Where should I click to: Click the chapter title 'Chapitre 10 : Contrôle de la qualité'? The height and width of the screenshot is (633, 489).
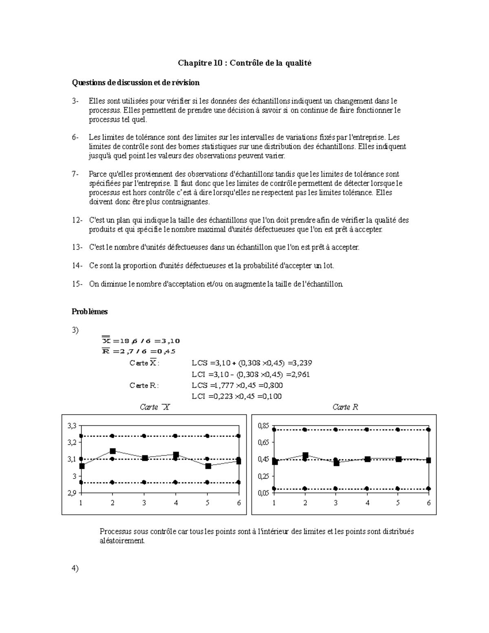[x=244, y=63]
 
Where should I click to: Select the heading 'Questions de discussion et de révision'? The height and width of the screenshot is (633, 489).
[x=136, y=83]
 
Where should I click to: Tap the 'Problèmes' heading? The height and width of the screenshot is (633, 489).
[x=90, y=311]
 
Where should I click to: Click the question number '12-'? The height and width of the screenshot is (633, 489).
[x=77, y=220]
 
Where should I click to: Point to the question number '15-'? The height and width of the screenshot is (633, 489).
[x=77, y=284]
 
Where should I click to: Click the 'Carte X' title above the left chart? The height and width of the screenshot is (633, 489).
[x=154, y=407]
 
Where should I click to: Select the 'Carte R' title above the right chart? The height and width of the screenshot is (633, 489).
[x=345, y=407]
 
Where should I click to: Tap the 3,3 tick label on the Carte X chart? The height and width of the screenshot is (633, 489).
[x=72, y=426]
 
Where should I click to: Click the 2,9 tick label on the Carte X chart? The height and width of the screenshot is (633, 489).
[x=72, y=493]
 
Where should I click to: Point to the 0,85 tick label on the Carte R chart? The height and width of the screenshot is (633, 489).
[x=264, y=426]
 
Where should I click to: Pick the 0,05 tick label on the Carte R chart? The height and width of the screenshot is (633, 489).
[x=264, y=493]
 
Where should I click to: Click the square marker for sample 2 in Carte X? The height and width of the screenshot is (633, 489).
[x=113, y=451]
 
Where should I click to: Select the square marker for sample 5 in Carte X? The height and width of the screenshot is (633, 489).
[x=208, y=466]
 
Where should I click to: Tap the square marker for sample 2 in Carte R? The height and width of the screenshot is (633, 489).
[x=305, y=455]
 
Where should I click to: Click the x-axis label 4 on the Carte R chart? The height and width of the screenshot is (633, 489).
[x=368, y=503]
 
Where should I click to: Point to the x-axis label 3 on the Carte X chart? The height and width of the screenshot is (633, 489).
[x=144, y=503]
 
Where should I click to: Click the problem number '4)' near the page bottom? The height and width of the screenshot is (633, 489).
[x=75, y=568]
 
